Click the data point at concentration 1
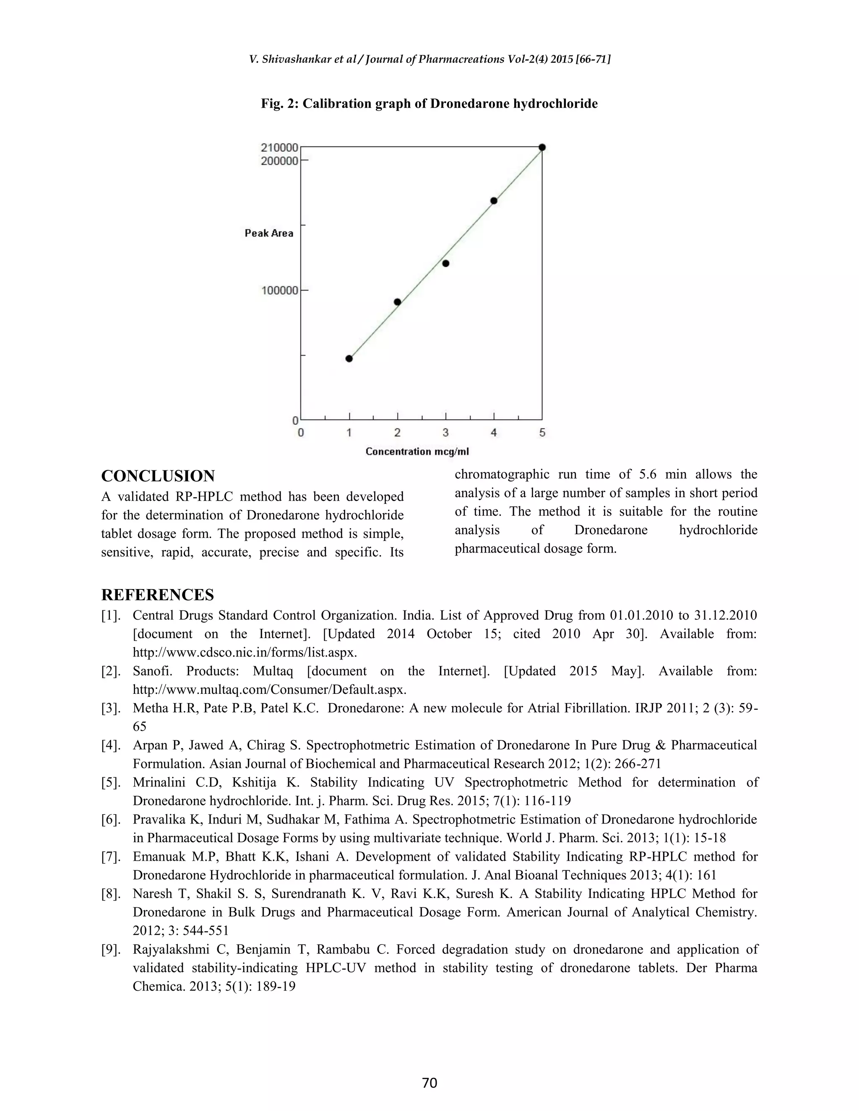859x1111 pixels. pos(349,358)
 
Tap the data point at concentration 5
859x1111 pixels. pos(542,148)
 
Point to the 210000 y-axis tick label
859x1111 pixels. pos(279,148)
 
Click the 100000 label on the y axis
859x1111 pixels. pos(279,291)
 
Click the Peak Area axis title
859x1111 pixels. pos(269,234)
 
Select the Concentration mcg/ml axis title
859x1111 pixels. pos(417,452)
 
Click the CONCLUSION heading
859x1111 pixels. pos(158,476)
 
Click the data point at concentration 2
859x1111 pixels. pos(398,302)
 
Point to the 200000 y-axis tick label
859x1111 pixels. pos(279,161)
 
